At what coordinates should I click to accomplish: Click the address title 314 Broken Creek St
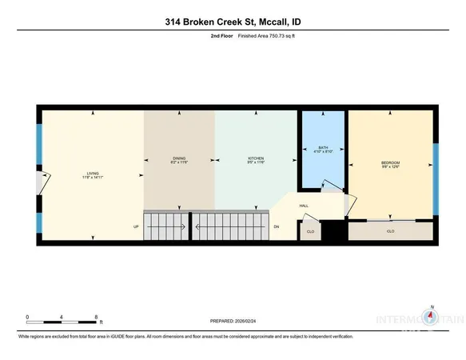coord(233,21)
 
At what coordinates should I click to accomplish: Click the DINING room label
coord(179,158)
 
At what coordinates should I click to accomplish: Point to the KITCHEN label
coord(255,160)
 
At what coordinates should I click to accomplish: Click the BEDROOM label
coord(389,165)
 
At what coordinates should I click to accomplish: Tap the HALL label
coord(304,206)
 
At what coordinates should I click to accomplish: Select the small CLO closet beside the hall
coord(310,231)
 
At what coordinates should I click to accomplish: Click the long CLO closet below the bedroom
coord(390,231)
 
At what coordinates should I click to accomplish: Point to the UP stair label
coord(136,226)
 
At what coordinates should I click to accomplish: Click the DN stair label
coord(277,226)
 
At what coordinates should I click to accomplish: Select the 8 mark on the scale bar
coord(97,317)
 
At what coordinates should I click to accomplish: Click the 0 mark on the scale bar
coord(28,317)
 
